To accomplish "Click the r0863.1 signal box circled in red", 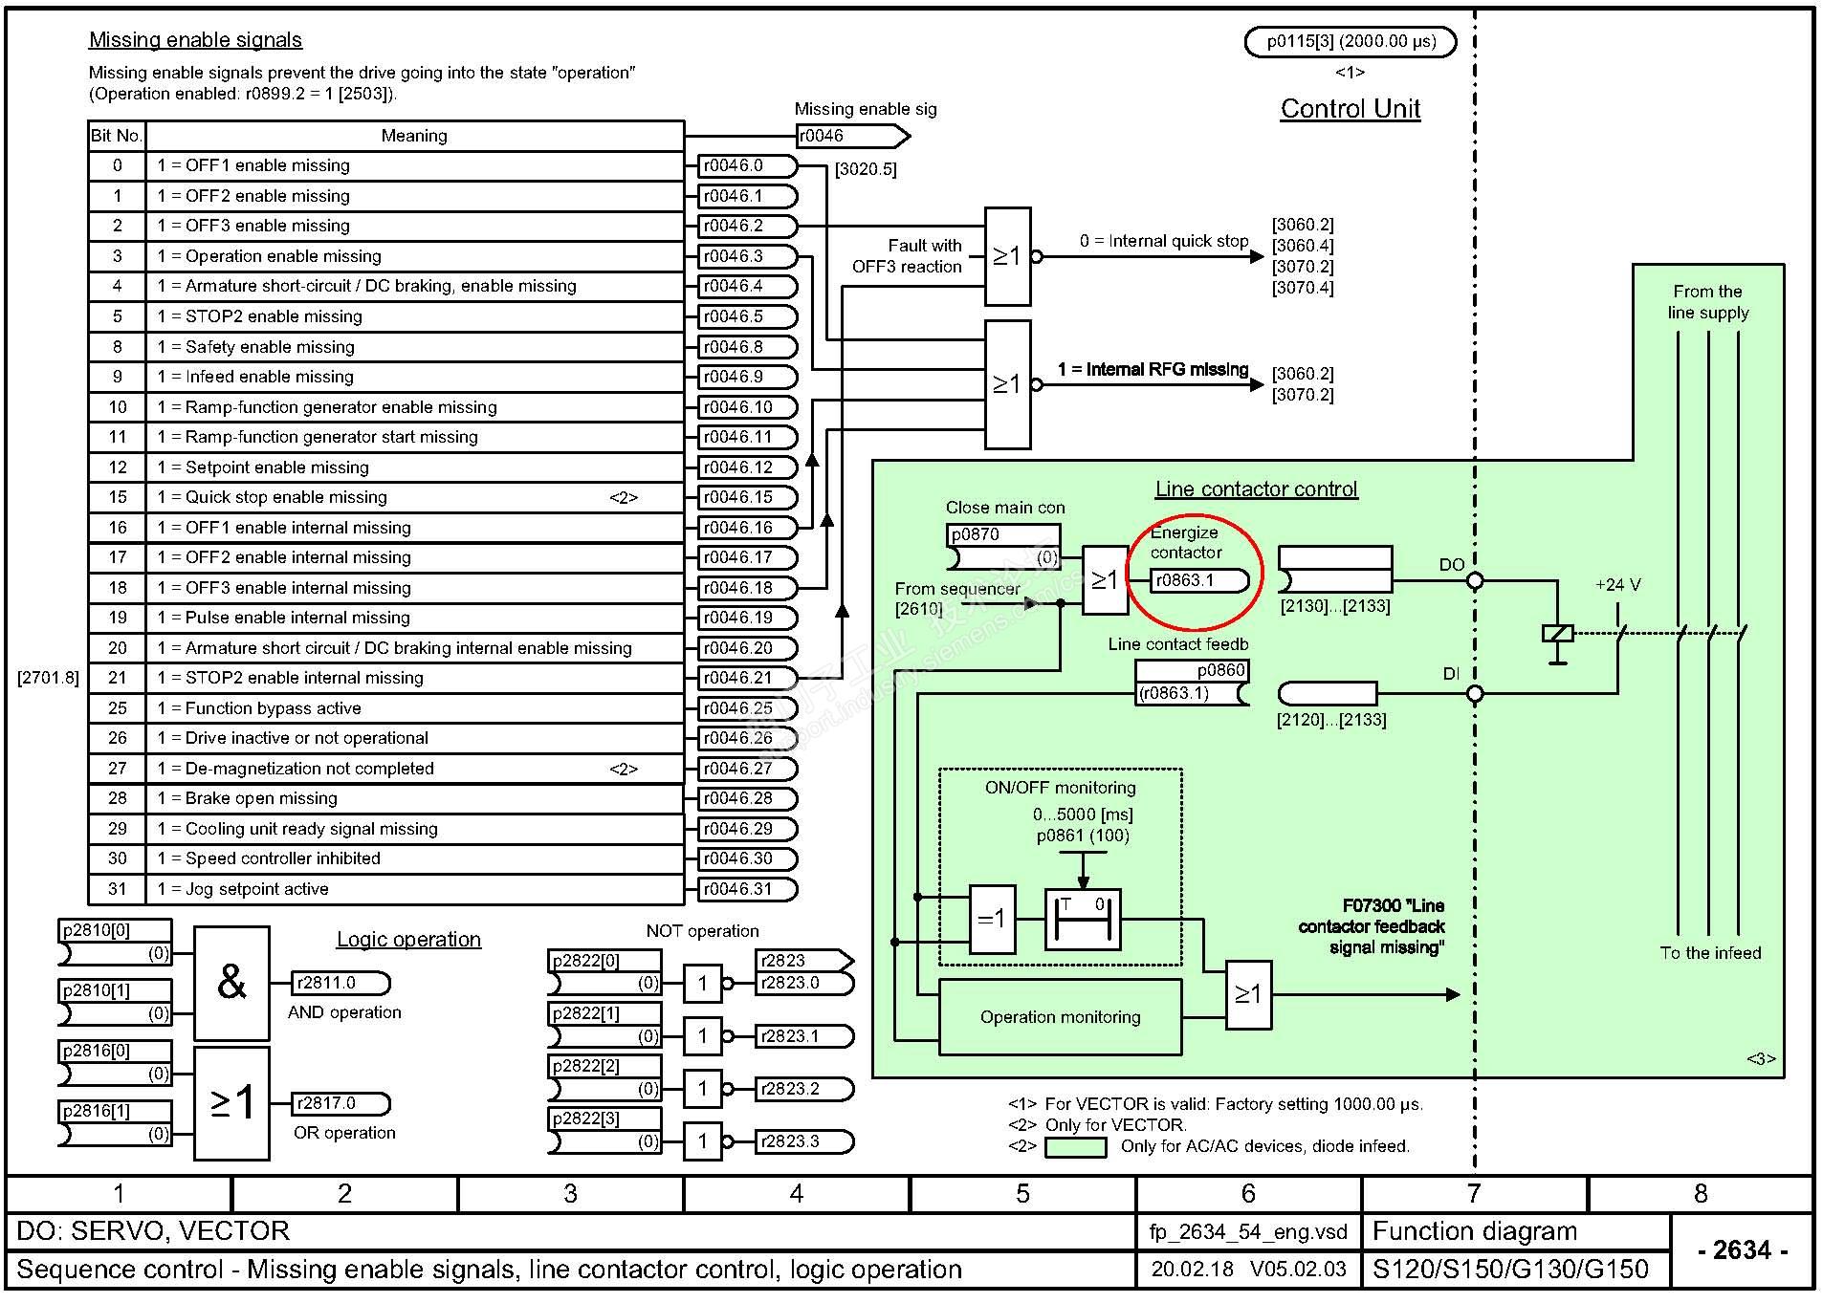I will [x=1199, y=580].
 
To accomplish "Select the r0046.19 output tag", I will [x=747, y=618].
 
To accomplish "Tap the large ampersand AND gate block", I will [x=231, y=982].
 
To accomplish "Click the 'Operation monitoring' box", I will [x=1060, y=1017].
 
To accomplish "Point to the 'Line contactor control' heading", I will [x=1256, y=489].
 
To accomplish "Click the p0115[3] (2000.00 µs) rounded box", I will [x=1350, y=42].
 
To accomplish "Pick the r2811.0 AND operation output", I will [x=340, y=983].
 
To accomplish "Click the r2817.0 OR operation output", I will [x=340, y=1103].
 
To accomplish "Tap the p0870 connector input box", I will [x=1003, y=535].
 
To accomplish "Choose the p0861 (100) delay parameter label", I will [x=1083, y=836].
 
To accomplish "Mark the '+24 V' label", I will [x=1617, y=585].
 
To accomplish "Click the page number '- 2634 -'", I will [x=1742, y=1250].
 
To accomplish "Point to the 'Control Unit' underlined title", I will [x=1350, y=109].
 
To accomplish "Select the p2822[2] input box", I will [x=604, y=1067].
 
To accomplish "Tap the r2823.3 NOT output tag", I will [x=803, y=1141].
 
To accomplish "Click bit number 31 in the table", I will [x=118, y=889].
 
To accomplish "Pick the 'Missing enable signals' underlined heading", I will [x=195, y=40].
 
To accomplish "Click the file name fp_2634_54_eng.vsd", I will [x=1247, y=1232].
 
